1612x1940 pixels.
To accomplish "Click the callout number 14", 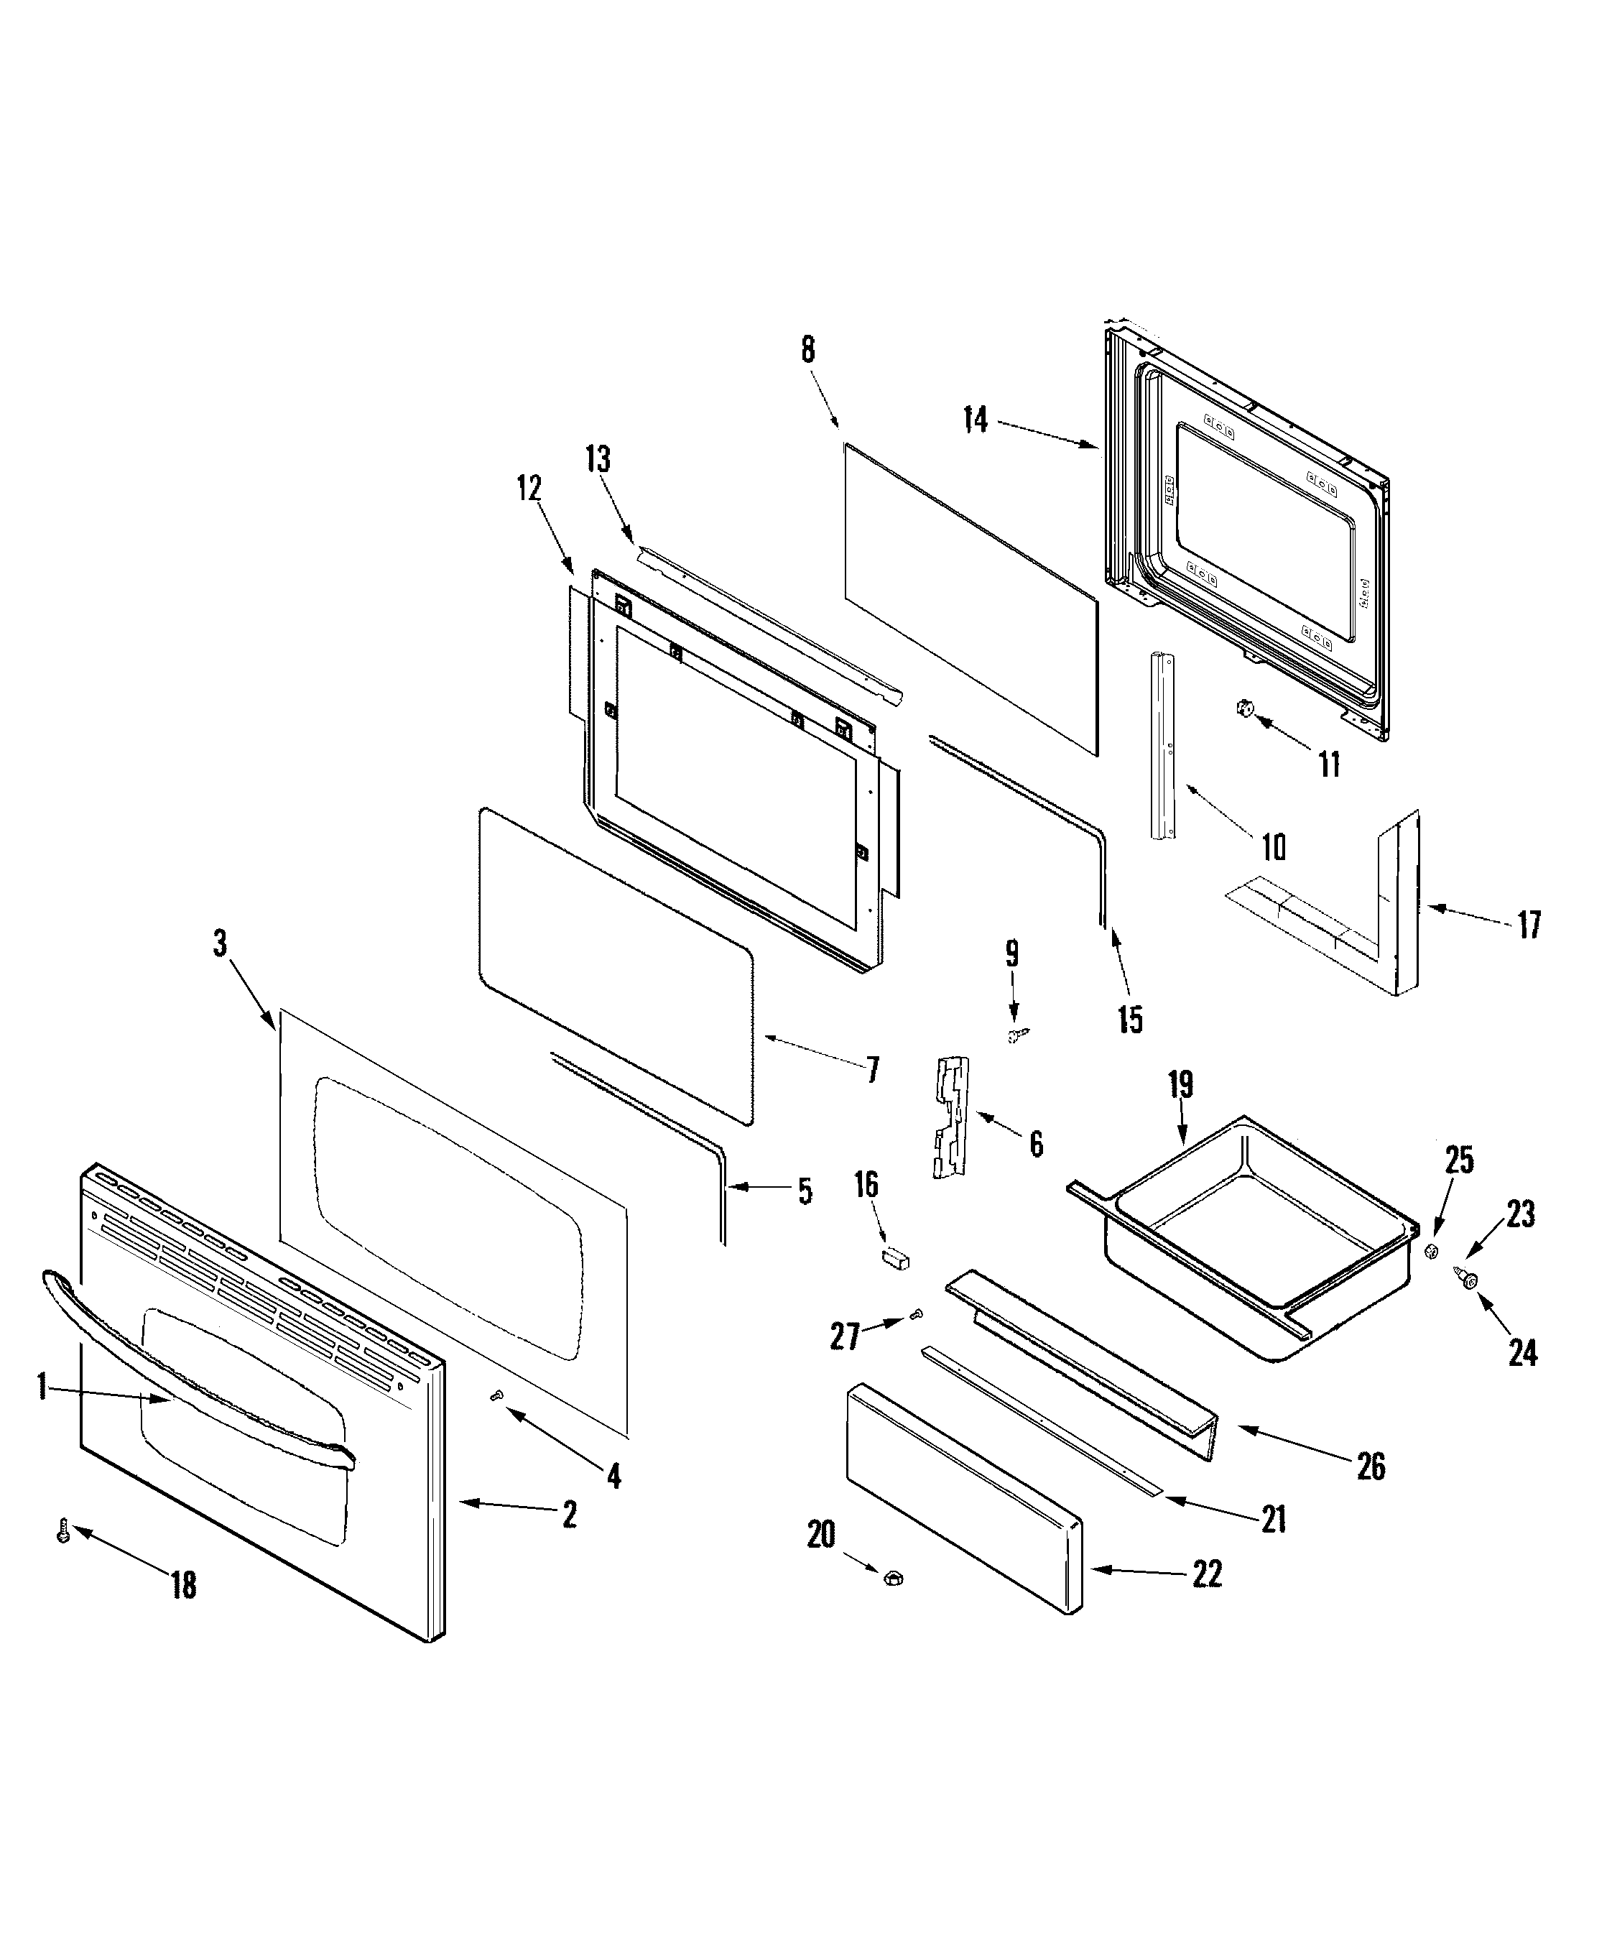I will (x=976, y=420).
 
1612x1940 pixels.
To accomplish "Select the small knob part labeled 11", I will (x=1244, y=709).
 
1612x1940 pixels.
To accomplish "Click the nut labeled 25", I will (x=1430, y=1251).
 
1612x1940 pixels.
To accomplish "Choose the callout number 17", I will (x=1529, y=924).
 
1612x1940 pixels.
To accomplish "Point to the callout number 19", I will (x=1180, y=1084).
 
